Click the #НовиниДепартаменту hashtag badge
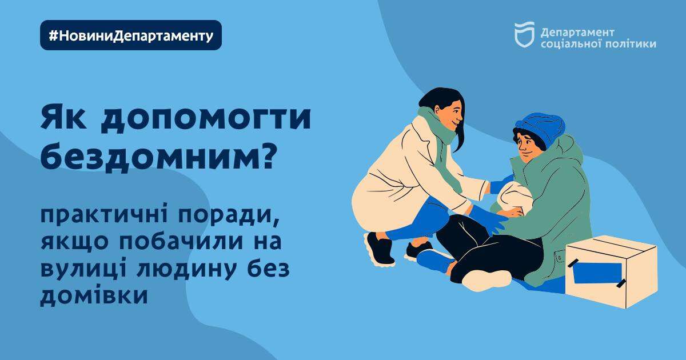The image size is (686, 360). click(131, 35)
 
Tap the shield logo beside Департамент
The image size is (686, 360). click(524, 35)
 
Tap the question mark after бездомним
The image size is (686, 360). click(265, 156)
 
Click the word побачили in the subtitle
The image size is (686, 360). click(181, 242)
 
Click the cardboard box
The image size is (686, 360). click(611, 271)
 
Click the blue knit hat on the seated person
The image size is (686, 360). click(542, 127)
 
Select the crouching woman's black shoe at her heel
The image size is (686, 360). click(379, 249)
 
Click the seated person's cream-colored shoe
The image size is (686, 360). click(487, 280)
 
